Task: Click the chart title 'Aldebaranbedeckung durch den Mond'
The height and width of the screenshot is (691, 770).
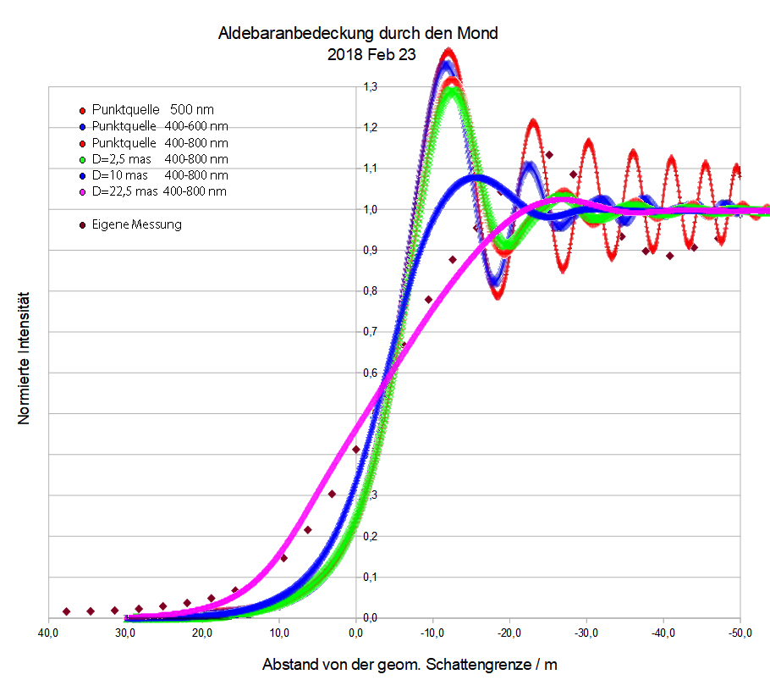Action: [358, 34]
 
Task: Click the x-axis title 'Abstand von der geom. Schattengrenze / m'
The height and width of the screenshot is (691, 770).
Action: [410, 665]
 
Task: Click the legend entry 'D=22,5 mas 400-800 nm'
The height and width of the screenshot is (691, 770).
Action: [152, 191]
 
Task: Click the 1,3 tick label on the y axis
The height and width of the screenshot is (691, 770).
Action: [370, 87]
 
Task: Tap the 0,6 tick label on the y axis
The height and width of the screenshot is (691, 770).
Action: [370, 373]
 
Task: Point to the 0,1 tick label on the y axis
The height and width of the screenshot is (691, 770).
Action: [370, 577]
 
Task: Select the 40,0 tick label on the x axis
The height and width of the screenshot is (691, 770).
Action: [48, 633]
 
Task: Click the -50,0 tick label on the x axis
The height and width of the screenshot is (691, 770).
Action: [740, 633]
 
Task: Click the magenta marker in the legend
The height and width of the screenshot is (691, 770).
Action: [81, 192]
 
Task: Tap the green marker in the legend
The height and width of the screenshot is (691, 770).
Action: [81, 159]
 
